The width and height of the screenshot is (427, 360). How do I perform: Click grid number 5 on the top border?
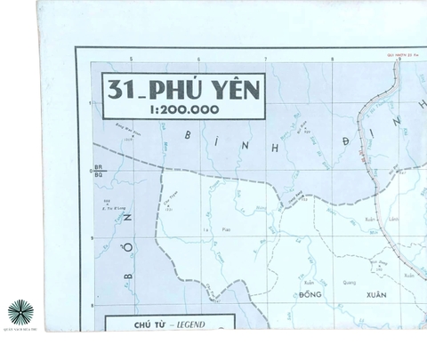[131, 60]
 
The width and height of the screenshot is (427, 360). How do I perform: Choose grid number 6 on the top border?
[197, 60]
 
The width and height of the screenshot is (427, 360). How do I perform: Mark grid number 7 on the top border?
[265, 60]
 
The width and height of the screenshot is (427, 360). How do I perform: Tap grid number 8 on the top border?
[332, 60]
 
